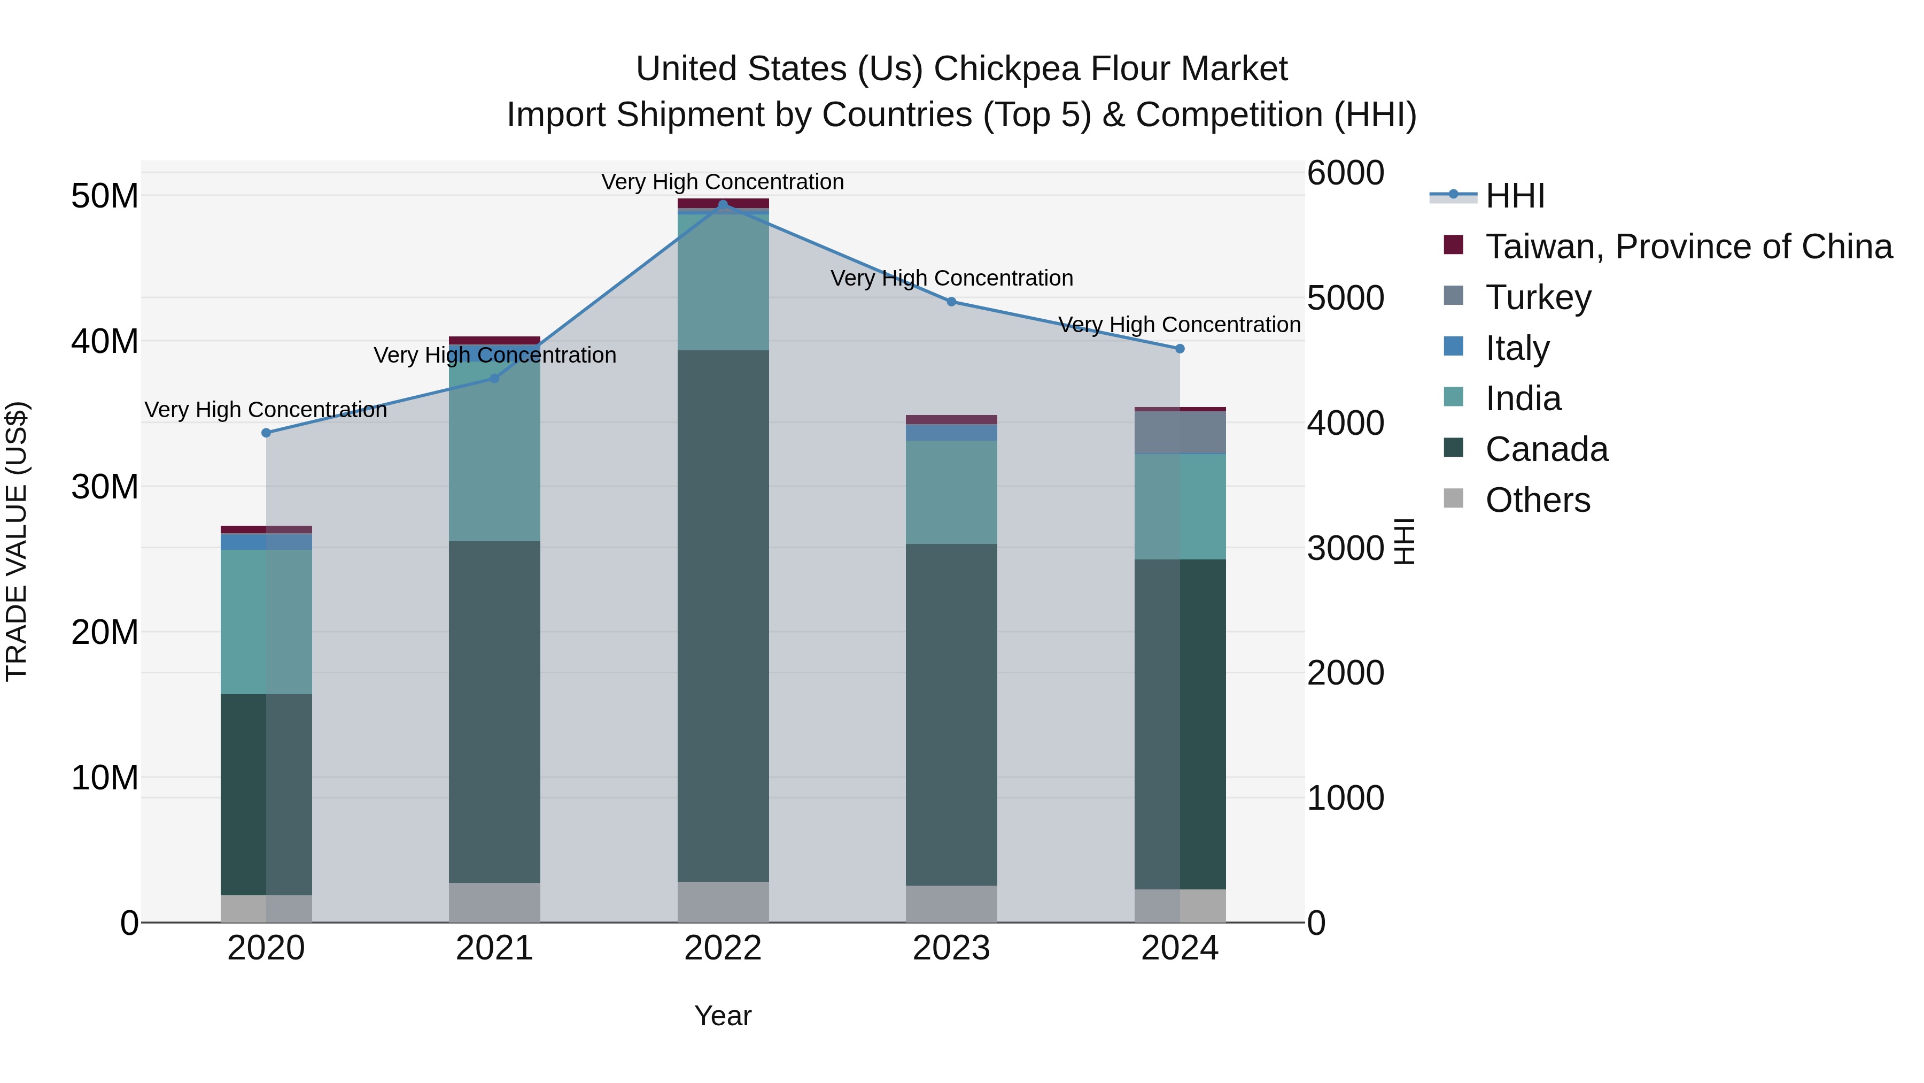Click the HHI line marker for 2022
tap(722, 204)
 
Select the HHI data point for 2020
tap(266, 433)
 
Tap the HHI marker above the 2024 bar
tap(1180, 348)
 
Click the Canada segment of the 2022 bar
tap(722, 616)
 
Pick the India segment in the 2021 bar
tap(494, 451)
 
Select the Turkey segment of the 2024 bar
tap(1180, 432)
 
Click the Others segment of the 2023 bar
tap(951, 904)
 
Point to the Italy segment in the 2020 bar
tap(266, 541)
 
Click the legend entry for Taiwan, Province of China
tap(1688, 247)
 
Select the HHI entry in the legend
tap(1514, 196)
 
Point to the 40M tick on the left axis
tap(105, 342)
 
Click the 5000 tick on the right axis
tap(1345, 298)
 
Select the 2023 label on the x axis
tap(951, 948)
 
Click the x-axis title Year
tap(722, 1016)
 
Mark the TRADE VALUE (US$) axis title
tap(17, 541)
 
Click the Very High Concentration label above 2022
tap(722, 182)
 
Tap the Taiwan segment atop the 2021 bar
tap(494, 340)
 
